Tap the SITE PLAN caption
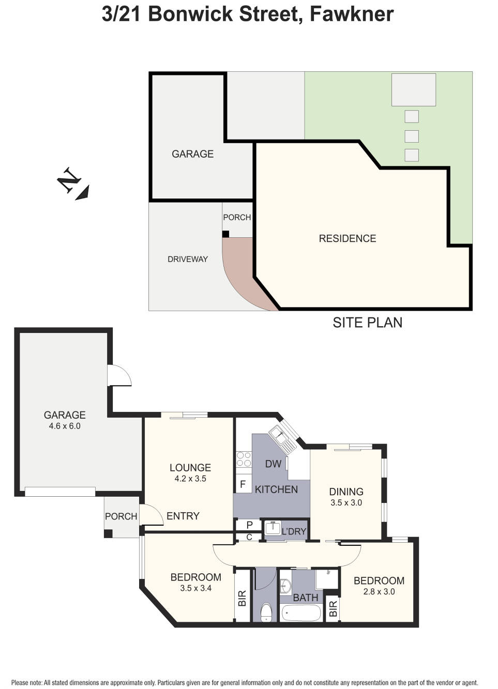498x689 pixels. (367, 323)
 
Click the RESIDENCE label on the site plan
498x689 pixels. (347, 238)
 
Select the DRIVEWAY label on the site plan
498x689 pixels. (187, 259)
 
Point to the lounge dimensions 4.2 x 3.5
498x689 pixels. (190, 479)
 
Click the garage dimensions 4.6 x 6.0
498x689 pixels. (65, 426)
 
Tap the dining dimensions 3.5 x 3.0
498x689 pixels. (346, 502)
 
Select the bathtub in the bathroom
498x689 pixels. (301, 614)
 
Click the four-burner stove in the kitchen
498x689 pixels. (244, 459)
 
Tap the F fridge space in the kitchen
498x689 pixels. (243, 485)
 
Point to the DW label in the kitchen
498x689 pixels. (273, 464)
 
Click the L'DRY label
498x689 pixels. (294, 531)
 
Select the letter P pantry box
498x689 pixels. (249, 525)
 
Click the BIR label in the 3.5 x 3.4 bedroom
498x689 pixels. (242, 598)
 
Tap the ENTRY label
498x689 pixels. (183, 516)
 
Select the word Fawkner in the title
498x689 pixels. (351, 14)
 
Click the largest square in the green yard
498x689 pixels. (413, 89)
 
